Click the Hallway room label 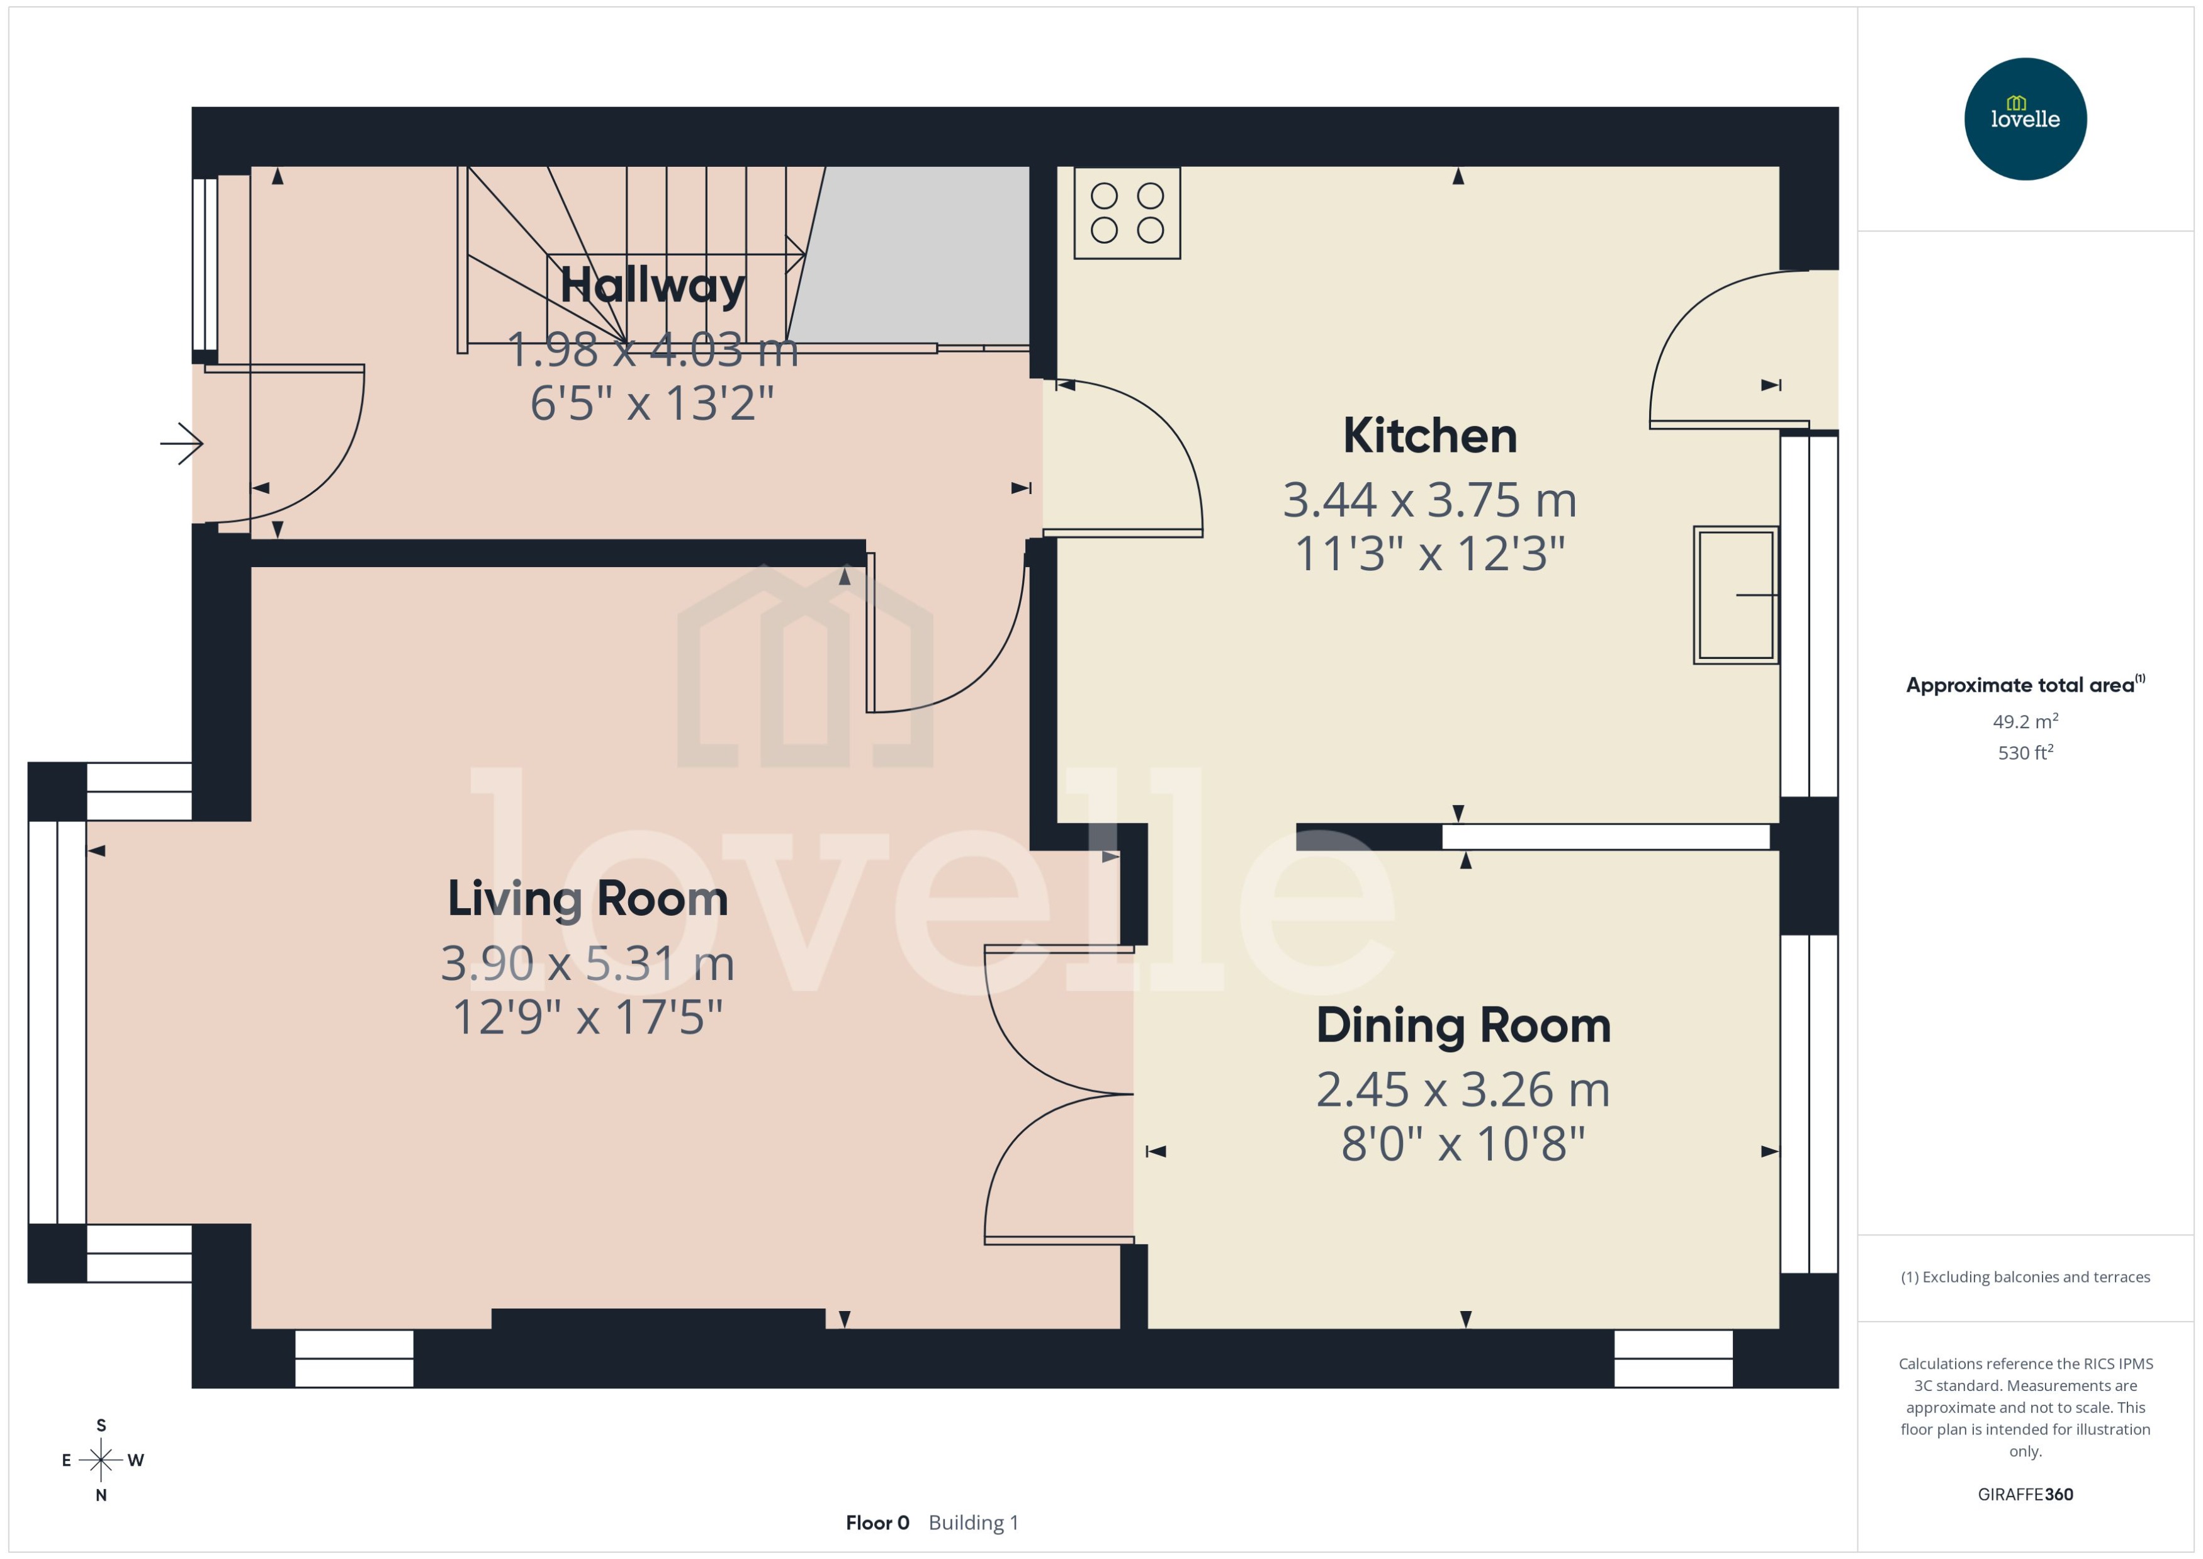(652, 285)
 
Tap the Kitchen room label (1429, 436)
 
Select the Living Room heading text (587, 899)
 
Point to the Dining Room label (1463, 1025)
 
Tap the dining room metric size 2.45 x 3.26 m (1463, 1089)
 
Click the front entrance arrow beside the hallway (183, 444)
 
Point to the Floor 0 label (876, 1522)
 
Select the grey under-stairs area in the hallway (912, 254)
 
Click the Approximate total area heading (2024, 685)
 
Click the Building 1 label (973, 1522)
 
